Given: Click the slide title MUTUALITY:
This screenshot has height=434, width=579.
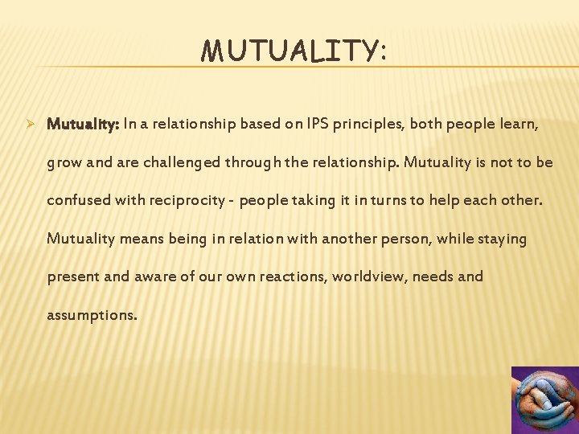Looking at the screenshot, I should tap(294, 51).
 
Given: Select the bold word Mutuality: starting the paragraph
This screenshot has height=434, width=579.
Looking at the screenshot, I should tap(84, 125).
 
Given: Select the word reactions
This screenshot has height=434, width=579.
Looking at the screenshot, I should tap(289, 276).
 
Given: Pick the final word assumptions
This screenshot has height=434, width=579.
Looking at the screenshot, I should tap(92, 315).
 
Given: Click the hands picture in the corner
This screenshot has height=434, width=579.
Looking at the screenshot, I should tap(545, 400).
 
